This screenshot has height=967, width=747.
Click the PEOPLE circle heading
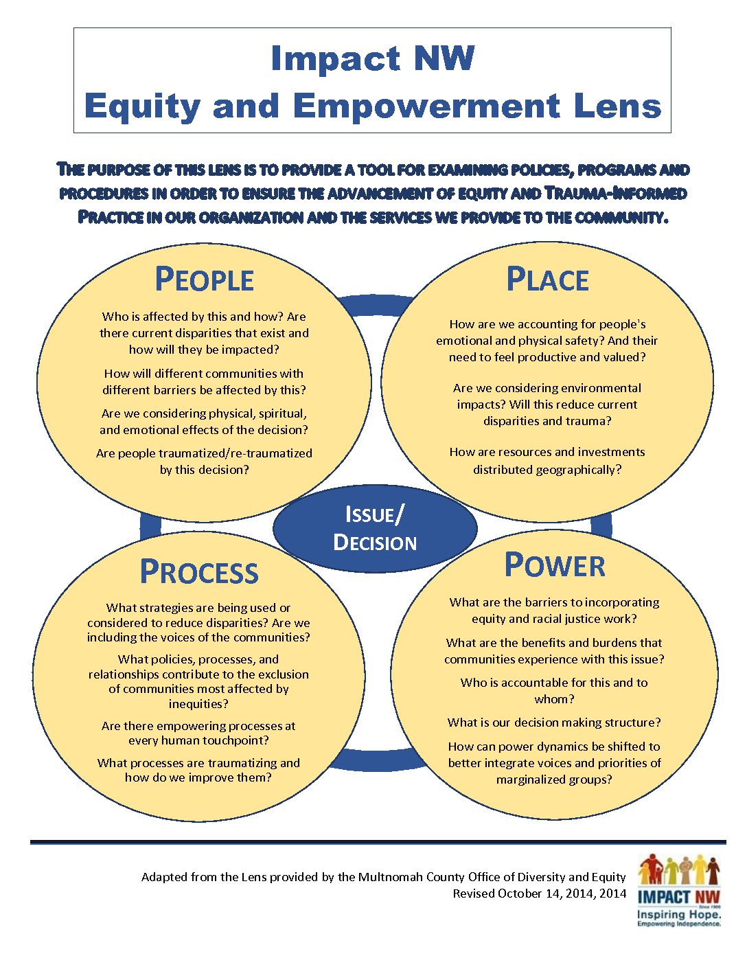(204, 279)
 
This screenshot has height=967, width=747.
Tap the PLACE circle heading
(547, 279)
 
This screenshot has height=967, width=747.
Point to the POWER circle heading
(554, 565)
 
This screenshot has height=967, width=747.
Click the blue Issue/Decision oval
(375, 528)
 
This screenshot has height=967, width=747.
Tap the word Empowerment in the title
(426, 107)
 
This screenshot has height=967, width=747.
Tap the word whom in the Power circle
(554, 699)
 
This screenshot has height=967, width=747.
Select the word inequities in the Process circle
(198, 704)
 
